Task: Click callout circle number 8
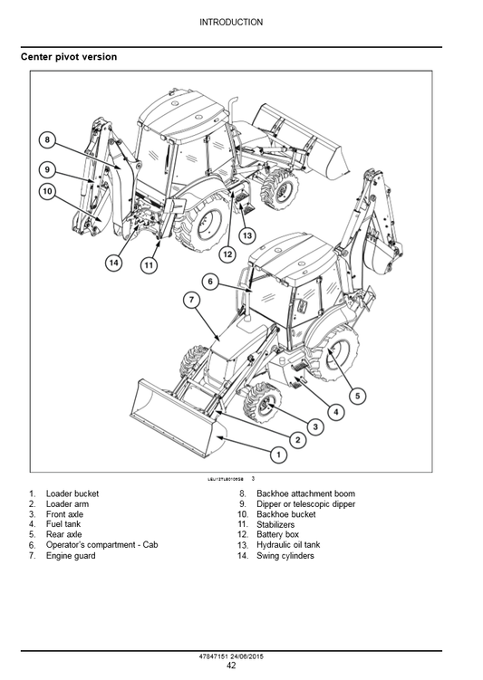coord(47,140)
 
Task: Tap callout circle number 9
coord(47,168)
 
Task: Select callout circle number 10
coord(47,191)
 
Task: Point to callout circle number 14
coord(113,263)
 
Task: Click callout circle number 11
coord(148,265)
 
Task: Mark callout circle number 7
coord(192,300)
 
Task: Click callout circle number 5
coord(357,395)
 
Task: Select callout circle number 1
coord(279,454)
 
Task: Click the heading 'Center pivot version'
coord(69,57)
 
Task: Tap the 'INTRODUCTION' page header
coord(231,22)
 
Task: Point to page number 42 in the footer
coord(231,666)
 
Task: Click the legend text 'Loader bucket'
coord(72,493)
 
